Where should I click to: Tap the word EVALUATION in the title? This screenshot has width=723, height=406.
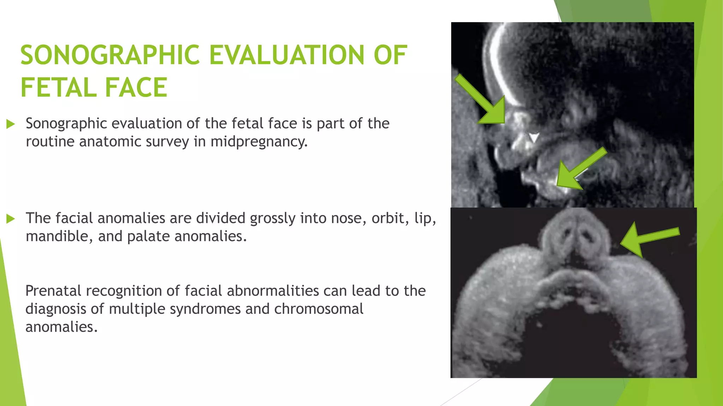pos(287,55)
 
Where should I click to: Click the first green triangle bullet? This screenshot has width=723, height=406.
pos(11,124)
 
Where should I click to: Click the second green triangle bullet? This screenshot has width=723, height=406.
pos(11,219)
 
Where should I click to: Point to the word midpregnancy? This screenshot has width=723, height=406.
pos(259,142)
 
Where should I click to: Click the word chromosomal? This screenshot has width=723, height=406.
pos(318,309)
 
